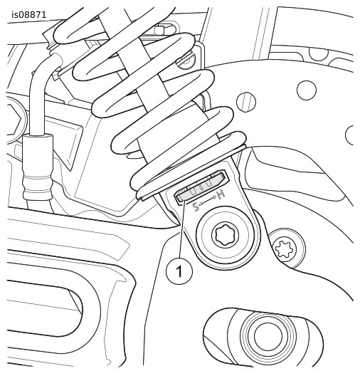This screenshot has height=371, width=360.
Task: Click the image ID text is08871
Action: [29, 15]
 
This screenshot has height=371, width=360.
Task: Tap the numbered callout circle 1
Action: [179, 271]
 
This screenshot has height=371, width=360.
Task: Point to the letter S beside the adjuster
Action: [196, 207]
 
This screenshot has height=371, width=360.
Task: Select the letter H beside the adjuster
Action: [221, 194]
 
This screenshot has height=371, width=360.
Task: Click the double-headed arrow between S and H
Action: [208, 201]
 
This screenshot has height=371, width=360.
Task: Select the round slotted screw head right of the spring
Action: [246, 102]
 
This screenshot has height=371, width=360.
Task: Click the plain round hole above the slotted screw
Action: [307, 90]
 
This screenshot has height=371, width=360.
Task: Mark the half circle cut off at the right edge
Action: [349, 135]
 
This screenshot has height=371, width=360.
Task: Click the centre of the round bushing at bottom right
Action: [268, 335]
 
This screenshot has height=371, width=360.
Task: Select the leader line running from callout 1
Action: [182, 229]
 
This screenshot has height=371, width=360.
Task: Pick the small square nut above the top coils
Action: [159, 31]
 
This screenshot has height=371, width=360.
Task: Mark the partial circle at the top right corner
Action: [319, 54]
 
